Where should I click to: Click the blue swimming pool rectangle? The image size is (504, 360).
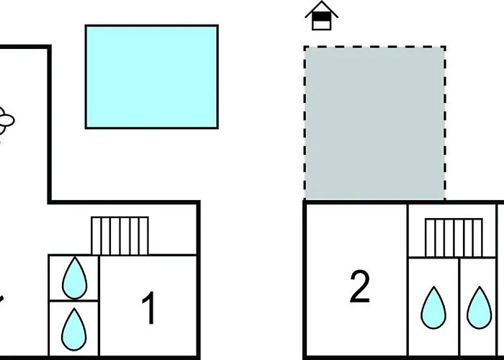[x=151, y=76]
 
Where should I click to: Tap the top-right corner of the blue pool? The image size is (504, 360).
[x=217, y=26]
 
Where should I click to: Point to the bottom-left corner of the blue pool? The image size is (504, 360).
[x=86, y=127]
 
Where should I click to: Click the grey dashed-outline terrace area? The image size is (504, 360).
[x=374, y=122]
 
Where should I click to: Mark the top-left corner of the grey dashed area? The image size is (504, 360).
[x=305, y=48]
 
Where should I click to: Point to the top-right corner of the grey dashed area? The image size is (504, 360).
[x=444, y=48]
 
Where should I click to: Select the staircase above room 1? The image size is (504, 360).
[x=120, y=235]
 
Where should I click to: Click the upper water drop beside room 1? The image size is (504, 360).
[x=73, y=277]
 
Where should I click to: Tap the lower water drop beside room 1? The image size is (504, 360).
[x=73, y=328]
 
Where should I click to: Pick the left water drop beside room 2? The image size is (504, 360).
[x=433, y=307]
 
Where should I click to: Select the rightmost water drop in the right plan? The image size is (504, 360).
[x=478, y=307]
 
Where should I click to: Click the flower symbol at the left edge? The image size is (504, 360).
[x=6, y=120]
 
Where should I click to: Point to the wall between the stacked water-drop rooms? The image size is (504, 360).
[x=73, y=301]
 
